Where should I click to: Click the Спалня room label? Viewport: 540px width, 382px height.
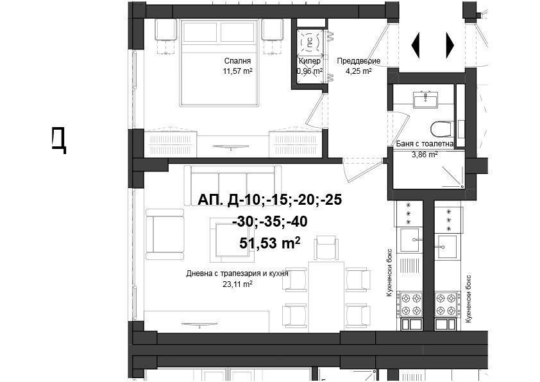point(238,61)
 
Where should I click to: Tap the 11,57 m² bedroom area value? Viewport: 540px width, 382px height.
point(238,71)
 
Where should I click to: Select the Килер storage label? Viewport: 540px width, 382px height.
point(310,61)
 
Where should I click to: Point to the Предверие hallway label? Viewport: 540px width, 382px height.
point(359,61)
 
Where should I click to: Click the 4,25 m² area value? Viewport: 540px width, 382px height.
point(359,71)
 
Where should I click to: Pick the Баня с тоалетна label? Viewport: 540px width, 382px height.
point(425,144)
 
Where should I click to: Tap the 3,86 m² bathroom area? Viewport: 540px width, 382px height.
point(425,155)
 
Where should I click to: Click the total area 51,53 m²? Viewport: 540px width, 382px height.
point(269,243)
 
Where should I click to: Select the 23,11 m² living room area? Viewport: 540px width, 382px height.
point(238,284)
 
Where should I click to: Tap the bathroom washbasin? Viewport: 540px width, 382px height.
point(426,100)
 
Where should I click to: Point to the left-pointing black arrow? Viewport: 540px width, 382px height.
point(416,45)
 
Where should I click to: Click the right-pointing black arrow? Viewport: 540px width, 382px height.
point(450,45)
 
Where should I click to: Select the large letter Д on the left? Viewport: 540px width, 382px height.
point(59,139)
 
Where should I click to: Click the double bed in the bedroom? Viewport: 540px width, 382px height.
point(219,62)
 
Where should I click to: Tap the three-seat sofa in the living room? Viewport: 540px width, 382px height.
point(233,186)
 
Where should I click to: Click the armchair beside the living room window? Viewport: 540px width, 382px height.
point(165,234)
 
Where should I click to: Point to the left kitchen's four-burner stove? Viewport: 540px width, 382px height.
point(409,304)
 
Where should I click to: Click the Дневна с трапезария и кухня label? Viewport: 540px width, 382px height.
point(237,273)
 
